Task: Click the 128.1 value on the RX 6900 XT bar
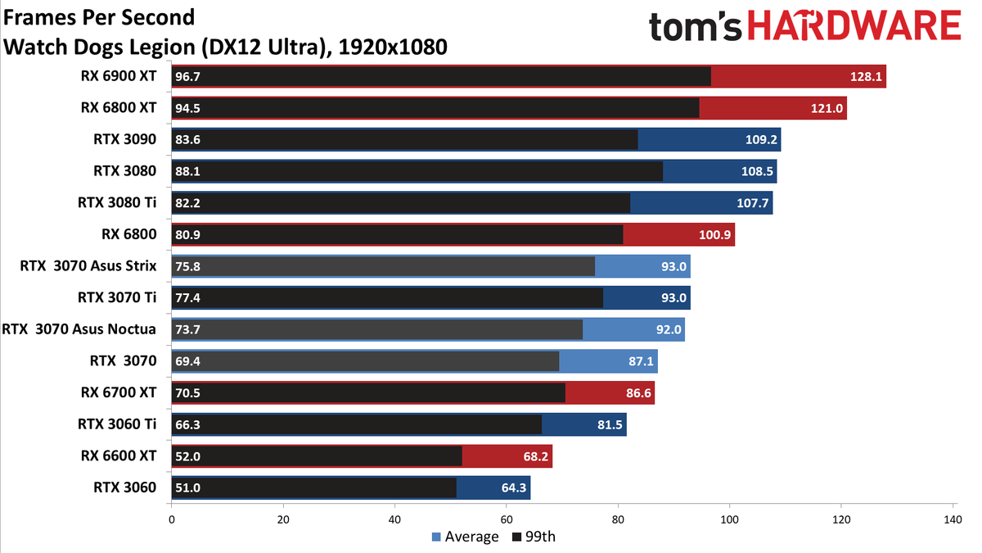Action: coord(866,77)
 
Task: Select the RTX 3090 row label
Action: coord(125,139)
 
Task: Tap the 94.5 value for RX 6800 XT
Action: coord(187,108)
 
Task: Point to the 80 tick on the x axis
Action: coord(618,519)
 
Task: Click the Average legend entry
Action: coord(465,537)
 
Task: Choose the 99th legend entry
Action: coord(534,537)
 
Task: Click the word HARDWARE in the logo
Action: coord(854,25)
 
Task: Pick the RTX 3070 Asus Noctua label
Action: coord(79,329)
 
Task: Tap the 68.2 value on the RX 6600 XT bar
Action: coord(536,456)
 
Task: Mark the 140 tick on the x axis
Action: coord(953,519)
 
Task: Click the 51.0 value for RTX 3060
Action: coord(187,488)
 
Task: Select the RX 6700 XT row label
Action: coord(119,392)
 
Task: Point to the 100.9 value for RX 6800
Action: coord(714,235)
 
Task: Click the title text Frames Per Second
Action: coord(99,17)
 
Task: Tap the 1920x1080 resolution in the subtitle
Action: coord(393,47)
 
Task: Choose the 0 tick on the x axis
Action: coord(171,519)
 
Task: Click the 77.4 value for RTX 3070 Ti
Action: coord(187,298)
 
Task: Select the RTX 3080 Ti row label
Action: coord(117,203)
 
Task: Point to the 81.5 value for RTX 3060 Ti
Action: coord(610,425)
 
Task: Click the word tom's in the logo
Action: coord(695,27)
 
